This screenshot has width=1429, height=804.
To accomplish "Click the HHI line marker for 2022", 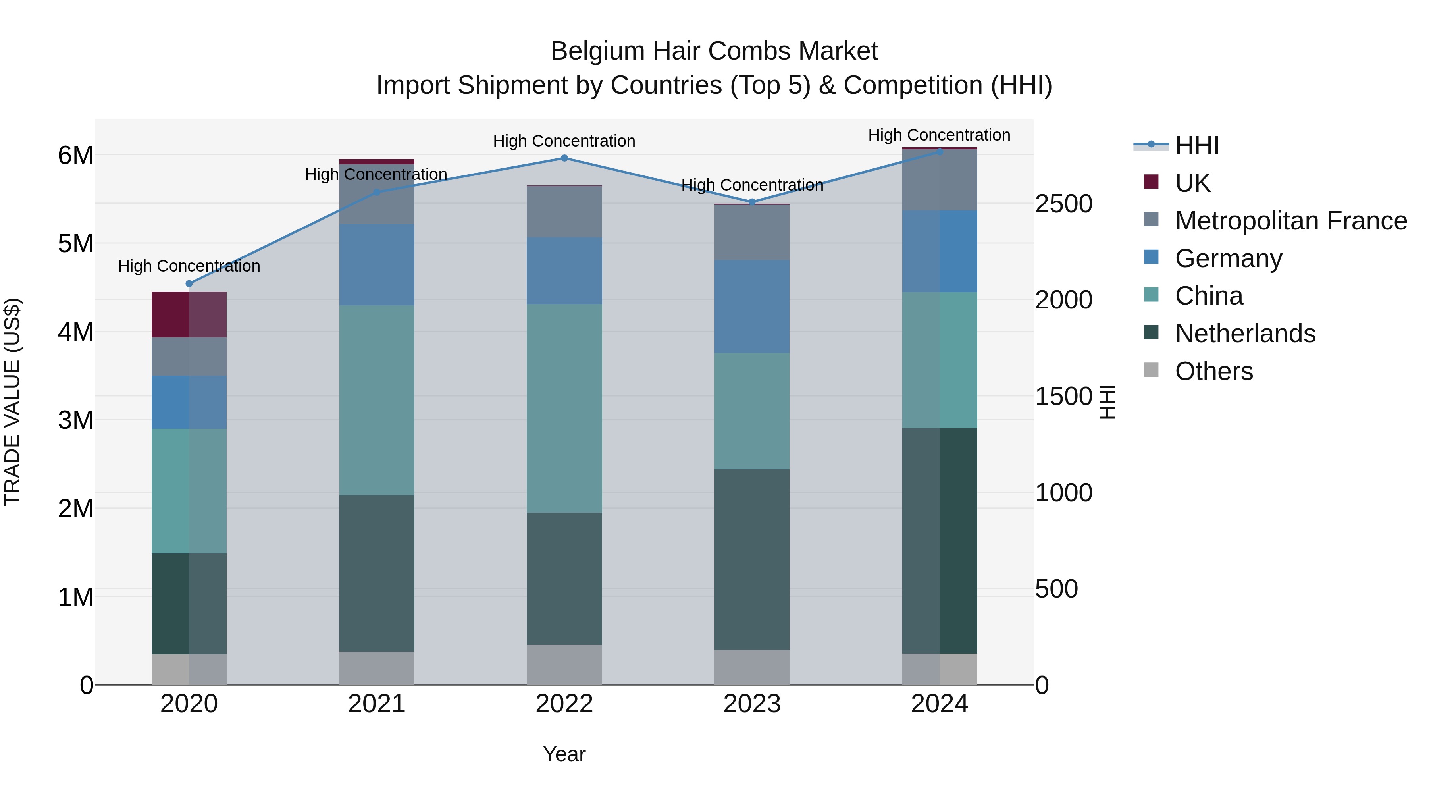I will (564, 158).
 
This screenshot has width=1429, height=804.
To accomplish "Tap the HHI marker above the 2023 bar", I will (752, 202).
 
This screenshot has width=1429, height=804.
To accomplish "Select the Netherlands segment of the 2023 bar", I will (752, 559).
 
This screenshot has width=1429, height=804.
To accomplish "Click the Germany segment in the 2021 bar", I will (377, 265).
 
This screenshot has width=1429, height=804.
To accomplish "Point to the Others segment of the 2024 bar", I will (939, 669).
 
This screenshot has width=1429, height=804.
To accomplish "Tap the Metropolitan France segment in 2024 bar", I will (939, 180).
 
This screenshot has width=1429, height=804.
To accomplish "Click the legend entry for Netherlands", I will (1245, 334).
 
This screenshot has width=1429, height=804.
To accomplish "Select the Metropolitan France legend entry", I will (1290, 221).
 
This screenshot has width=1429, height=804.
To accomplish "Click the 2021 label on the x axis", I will (377, 704).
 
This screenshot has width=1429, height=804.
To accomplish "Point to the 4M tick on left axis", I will (75, 332).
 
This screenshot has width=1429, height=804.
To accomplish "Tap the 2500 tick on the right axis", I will (1063, 204).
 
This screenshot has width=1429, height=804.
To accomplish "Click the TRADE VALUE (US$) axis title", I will (12, 402).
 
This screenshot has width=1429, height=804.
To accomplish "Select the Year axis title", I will (564, 754).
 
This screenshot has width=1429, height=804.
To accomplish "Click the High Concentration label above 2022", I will (564, 141).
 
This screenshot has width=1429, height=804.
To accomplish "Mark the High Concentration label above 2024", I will (939, 135).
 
